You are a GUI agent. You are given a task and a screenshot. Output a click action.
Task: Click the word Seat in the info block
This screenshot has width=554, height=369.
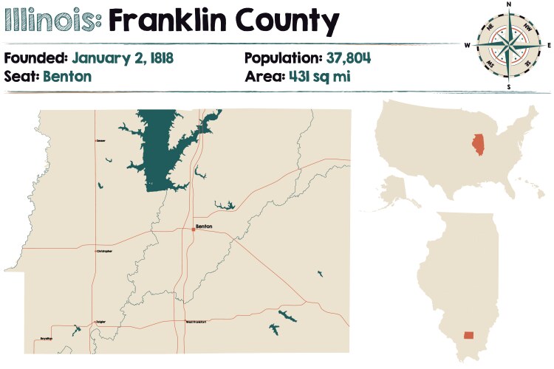pos(21,75)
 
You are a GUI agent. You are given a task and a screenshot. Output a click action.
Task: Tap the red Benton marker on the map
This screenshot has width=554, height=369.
pos(194,230)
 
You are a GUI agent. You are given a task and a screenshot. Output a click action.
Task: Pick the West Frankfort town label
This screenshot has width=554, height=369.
pos(196,322)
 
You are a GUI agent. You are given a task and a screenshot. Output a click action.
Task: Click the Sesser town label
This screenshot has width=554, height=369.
pos(100,140)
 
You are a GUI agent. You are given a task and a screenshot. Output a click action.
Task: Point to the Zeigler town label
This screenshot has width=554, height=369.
pos(100,322)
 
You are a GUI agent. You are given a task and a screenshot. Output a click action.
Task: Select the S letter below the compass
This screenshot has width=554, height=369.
pos(508,86)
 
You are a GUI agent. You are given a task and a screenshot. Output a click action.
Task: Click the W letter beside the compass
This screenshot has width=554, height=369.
pos(467,45)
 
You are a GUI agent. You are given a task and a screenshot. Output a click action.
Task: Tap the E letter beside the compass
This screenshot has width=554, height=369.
pos(550,45)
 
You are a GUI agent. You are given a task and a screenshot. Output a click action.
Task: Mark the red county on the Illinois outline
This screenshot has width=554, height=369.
pos(469,335)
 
